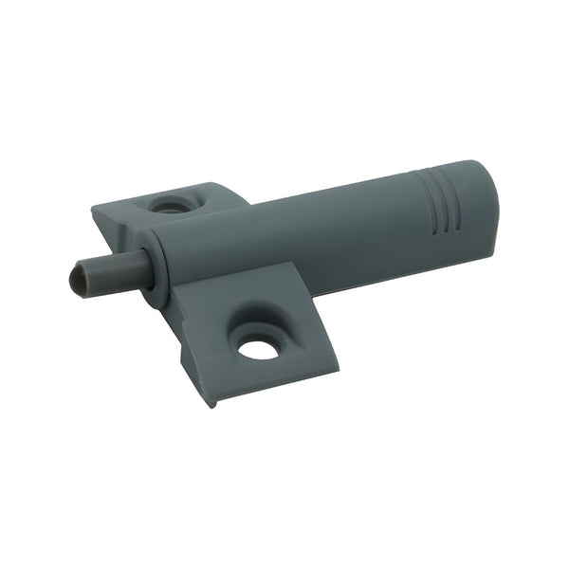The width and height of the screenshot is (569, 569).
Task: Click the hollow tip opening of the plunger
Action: pos(79,279)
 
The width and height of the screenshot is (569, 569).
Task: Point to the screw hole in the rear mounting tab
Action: pos(171,203)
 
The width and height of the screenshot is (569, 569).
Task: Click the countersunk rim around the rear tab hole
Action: pos(186,200)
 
